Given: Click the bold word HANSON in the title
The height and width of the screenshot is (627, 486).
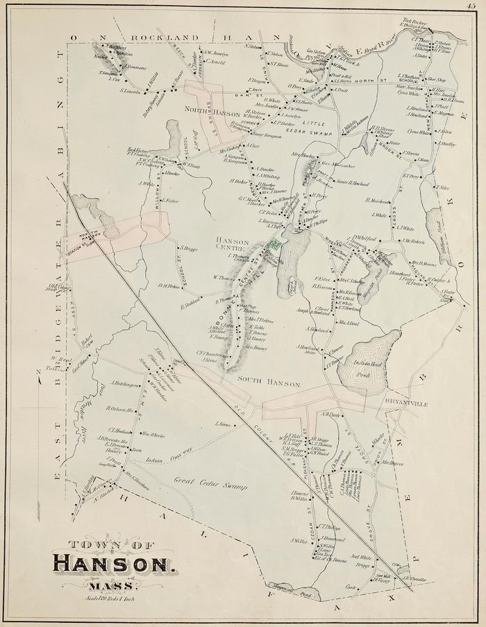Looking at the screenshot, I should click(x=113, y=562).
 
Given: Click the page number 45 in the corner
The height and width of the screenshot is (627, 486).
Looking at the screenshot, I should click(x=477, y=6).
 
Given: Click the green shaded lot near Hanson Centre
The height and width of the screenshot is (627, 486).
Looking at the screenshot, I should click(x=274, y=243).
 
